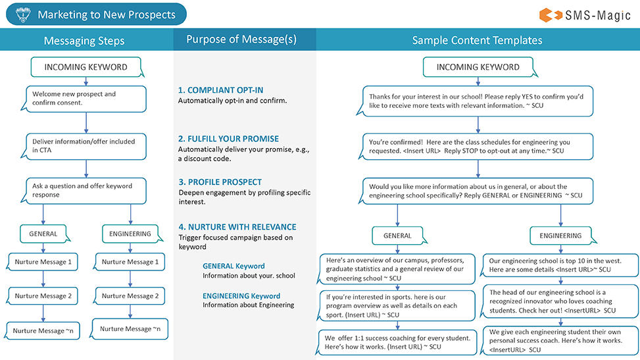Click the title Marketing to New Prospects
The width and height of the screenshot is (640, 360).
(x=107, y=14)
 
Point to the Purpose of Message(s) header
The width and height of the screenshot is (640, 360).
(x=241, y=39)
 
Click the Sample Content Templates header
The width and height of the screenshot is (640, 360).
(x=477, y=41)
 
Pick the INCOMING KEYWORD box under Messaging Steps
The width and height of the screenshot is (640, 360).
(x=86, y=67)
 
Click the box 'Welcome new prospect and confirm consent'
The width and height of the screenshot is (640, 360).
(x=86, y=99)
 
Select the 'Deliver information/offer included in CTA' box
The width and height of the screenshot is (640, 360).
(x=86, y=145)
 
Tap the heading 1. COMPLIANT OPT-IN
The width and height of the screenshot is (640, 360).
(x=220, y=90)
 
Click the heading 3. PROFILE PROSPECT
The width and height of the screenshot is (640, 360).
(x=220, y=182)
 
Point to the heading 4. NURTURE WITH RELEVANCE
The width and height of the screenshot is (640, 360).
(x=237, y=227)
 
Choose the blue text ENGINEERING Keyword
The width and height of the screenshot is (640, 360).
(x=241, y=296)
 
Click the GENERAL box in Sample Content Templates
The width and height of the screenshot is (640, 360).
(x=397, y=236)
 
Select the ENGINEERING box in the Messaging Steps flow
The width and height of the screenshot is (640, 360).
(x=130, y=234)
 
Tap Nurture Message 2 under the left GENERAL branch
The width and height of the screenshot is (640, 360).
(x=43, y=296)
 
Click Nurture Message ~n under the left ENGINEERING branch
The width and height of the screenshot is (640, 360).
(x=130, y=328)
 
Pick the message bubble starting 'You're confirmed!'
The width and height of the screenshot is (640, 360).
(x=477, y=146)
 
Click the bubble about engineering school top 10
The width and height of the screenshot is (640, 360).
(x=560, y=265)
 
